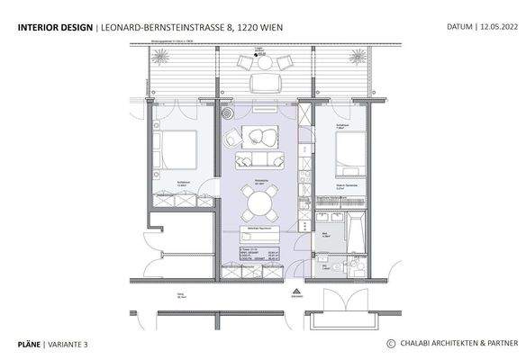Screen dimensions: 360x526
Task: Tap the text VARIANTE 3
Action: [x=68, y=344]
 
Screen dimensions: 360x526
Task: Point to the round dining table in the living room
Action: [x=258, y=204]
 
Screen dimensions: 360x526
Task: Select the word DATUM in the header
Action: [x=460, y=28]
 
